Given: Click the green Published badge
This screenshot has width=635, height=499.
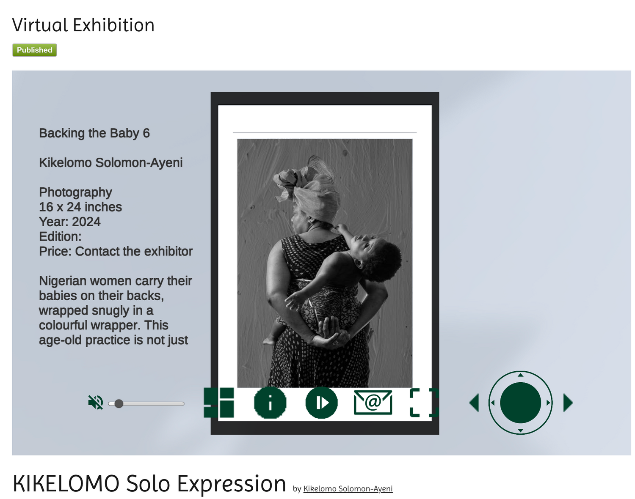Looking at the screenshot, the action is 35,50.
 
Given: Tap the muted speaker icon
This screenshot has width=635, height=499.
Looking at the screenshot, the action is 96,402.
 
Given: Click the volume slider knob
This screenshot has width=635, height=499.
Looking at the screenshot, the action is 119,403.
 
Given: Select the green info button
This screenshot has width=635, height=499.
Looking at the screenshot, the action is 270,403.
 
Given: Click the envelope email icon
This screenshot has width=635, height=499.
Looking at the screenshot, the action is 373,402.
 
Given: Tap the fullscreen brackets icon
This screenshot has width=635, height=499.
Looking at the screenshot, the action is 424,403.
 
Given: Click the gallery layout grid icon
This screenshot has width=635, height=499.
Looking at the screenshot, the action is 219,403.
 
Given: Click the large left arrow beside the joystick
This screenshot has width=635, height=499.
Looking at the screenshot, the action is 474,403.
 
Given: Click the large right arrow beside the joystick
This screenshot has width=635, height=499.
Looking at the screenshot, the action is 568,403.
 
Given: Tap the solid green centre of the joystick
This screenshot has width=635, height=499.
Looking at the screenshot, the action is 521,403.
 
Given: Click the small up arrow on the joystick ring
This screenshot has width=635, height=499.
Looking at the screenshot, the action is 521,375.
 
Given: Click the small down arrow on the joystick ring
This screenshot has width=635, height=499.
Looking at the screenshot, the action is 521,430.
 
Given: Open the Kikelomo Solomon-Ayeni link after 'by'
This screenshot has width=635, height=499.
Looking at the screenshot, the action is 348,489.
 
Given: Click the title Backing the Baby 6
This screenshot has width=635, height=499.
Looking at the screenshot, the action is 94,133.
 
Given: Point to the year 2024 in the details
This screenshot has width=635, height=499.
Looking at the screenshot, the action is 86,222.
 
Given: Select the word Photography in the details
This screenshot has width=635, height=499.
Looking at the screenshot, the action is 75,192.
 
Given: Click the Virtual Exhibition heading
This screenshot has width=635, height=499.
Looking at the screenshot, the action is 83,25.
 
